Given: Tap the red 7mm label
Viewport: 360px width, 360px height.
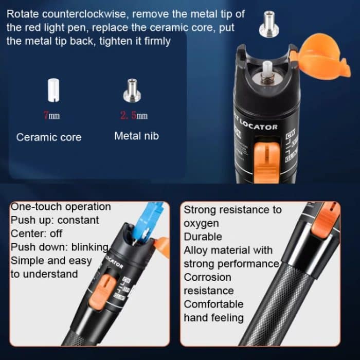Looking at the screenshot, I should [x=51, y=116].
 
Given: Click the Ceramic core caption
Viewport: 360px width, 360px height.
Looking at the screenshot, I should [x=49, y=137].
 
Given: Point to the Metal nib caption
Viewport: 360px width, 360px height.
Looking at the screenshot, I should [x=136, y=136].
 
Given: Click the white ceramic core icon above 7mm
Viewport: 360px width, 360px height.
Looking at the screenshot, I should [x=51, y=90].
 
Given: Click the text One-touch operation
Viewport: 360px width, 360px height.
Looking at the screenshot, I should [x=61, y=207].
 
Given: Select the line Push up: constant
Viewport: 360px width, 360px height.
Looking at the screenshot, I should [x=55, y=220].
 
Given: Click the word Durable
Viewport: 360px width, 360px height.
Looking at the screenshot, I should [x=203, y=237].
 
